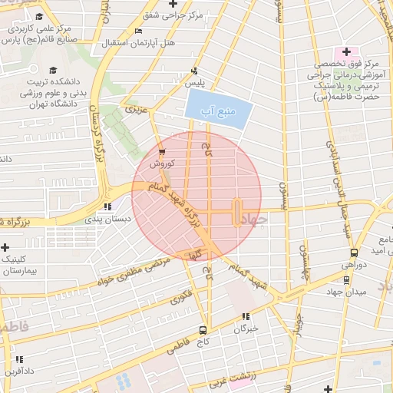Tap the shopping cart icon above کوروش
click(x=161, y=152)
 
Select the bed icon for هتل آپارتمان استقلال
click(x=138, y=31)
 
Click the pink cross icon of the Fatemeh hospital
click(x=346, y=51)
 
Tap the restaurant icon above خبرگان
click(x=246, y=316)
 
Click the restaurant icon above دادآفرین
click(x=19, y=359)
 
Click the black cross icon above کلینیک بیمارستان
click(x=6, y=248)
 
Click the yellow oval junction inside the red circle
click(x=236, y=211)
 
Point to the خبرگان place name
click(x=245, y=328)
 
